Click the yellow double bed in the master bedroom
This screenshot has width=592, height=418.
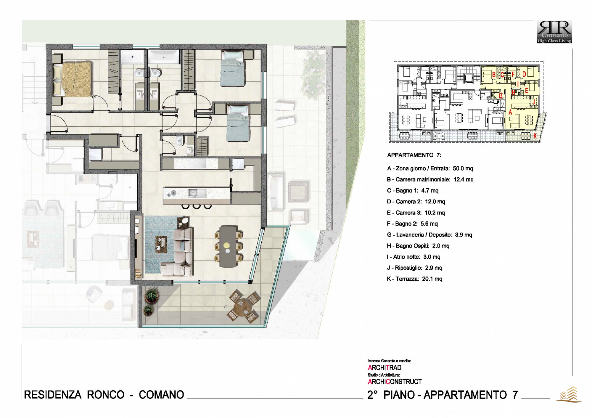click(x=72, y=79)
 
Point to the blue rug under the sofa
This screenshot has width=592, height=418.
click(x=162, y=245)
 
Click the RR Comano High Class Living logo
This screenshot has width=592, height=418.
click(x=554, y=32)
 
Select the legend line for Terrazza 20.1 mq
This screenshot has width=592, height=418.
click(x=414, y=279)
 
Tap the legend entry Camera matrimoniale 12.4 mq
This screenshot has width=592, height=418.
click(x=430, y=179)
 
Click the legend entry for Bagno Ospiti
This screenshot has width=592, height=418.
click(x=418, y=246)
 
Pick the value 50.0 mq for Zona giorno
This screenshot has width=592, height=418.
click(x=463, y=168)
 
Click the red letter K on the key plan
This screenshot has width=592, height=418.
click(x=535, y=136)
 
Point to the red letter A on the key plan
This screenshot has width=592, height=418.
click(x=510, y=112)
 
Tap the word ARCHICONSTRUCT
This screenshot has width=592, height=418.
click(x=395, y=382)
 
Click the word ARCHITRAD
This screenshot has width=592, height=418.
click(x=385, y=368)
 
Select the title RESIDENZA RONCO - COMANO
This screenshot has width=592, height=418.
click(x=104, y=395)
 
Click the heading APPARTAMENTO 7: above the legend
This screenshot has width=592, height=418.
click(x=414, y=155)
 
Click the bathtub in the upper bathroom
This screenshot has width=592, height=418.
click(x=164, y=57)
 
